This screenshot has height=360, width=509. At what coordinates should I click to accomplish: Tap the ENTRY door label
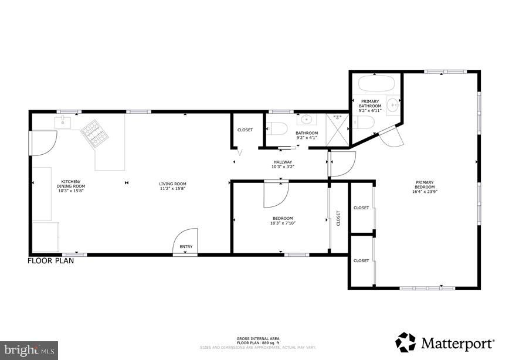point(186,247)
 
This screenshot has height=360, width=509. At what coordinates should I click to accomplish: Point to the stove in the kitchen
point(95,134)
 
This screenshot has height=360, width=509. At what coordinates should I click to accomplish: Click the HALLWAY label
point(282,162)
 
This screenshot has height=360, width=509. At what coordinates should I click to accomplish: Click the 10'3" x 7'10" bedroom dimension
point(283,223)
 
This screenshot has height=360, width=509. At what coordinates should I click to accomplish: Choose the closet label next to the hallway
point(245,130)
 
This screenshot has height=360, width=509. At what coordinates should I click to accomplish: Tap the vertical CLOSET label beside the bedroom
point(338,218)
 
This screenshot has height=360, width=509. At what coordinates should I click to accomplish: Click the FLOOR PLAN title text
point(51,261)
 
